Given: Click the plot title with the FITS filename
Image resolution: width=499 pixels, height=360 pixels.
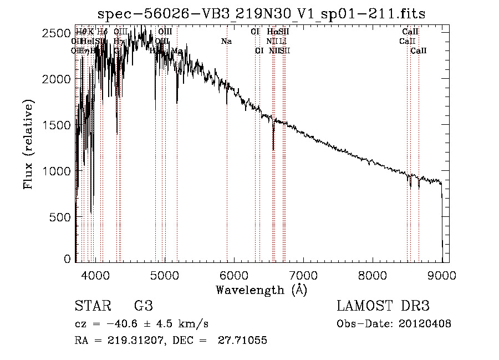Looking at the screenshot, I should (262, 13).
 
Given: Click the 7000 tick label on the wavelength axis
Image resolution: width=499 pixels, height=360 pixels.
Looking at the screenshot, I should (303, 274).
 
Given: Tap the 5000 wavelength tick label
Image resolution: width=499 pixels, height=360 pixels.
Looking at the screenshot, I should (165, 274).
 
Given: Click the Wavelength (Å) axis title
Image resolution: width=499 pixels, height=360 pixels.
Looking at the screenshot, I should (261, 290).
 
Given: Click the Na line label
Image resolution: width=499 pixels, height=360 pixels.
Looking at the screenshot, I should (226, 42).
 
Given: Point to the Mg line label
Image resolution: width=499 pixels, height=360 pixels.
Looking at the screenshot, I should (177, 51).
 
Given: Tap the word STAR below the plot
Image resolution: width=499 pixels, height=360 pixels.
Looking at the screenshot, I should (92, 306).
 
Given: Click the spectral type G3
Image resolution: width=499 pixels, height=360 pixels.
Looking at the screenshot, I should (143, 306).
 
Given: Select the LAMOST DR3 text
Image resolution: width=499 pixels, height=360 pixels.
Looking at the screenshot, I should (383, 306).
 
